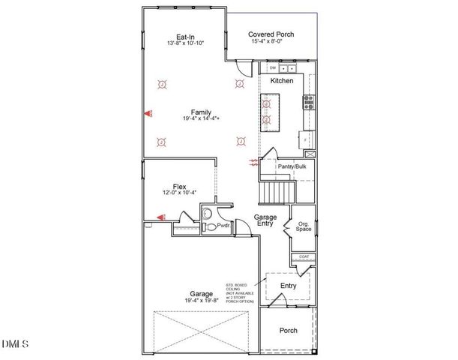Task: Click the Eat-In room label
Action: (x=185, y=37)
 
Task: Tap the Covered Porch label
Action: (x=271, y=34)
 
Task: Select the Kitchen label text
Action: (x=282, y=80)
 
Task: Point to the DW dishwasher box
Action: (x=272, y=68)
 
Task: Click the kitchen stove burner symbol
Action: (x=307, y=103)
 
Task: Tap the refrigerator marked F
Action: (x=306, y=139)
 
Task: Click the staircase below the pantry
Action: (x=276, y=193)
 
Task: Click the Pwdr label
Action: (x=223, y=224)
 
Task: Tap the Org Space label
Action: (x=304, y=226)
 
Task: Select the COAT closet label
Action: (x=304, y=257)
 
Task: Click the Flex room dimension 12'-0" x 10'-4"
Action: (x=179, y=193)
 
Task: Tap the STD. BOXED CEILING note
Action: (x=240, y=293)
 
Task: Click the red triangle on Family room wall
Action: (x=147, y=114)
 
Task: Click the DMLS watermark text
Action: (x=15, y=343)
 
